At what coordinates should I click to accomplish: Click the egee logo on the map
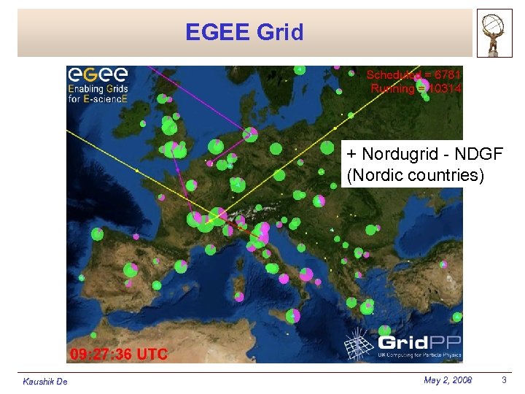(97, 75)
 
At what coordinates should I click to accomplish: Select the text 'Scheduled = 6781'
(413, 74)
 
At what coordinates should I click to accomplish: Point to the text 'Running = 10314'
(416, 88)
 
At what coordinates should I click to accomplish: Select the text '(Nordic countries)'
(415, 176)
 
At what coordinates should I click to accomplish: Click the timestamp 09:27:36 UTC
(118, 355)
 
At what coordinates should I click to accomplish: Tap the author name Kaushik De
(45, 382)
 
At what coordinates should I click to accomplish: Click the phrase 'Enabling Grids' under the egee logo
(98, 89)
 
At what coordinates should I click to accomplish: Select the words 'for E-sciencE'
(98, 99)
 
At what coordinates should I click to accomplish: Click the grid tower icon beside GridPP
(359, 342)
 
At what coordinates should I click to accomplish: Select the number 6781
(446, 74)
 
